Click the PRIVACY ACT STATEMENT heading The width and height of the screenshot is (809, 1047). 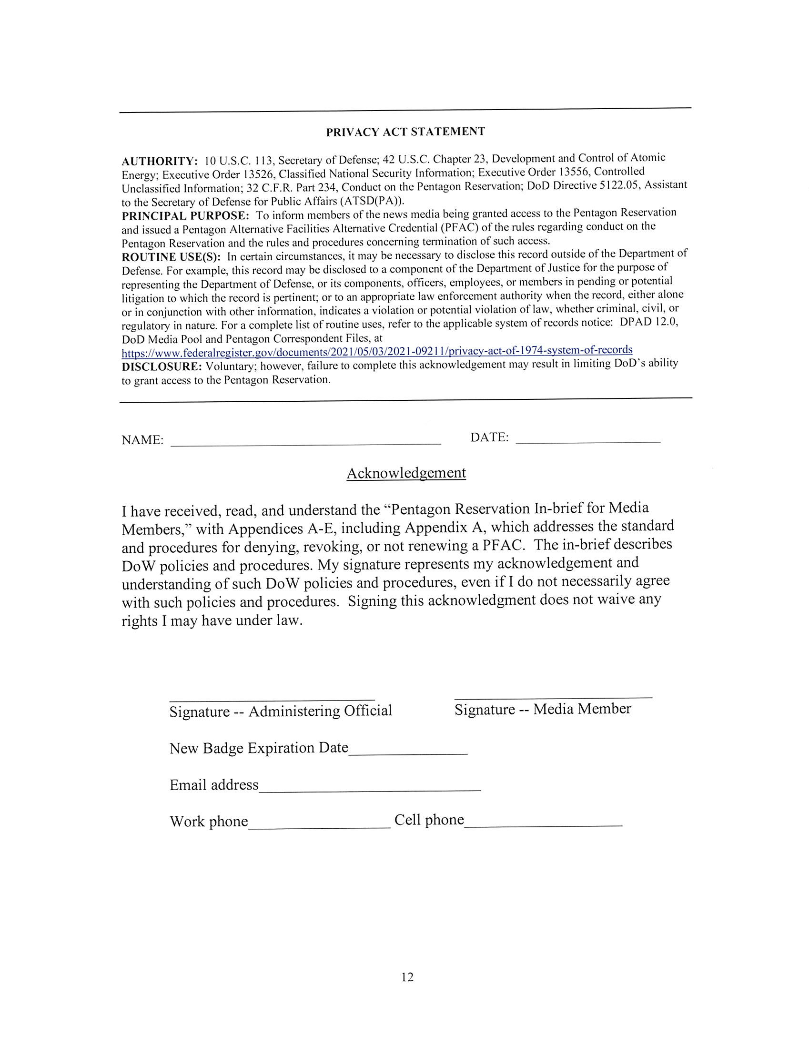(405, 132)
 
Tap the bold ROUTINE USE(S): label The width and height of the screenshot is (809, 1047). (171, 257)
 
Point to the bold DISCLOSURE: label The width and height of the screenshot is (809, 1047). (162, 367)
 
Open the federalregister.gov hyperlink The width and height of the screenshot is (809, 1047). (377, 351)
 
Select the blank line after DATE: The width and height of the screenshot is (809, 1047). (588, 439)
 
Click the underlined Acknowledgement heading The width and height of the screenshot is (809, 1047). (406, 473)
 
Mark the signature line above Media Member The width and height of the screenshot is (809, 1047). (553, 696)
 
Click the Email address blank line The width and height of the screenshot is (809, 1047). (370, 789)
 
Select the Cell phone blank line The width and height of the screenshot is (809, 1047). (543, 824)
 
